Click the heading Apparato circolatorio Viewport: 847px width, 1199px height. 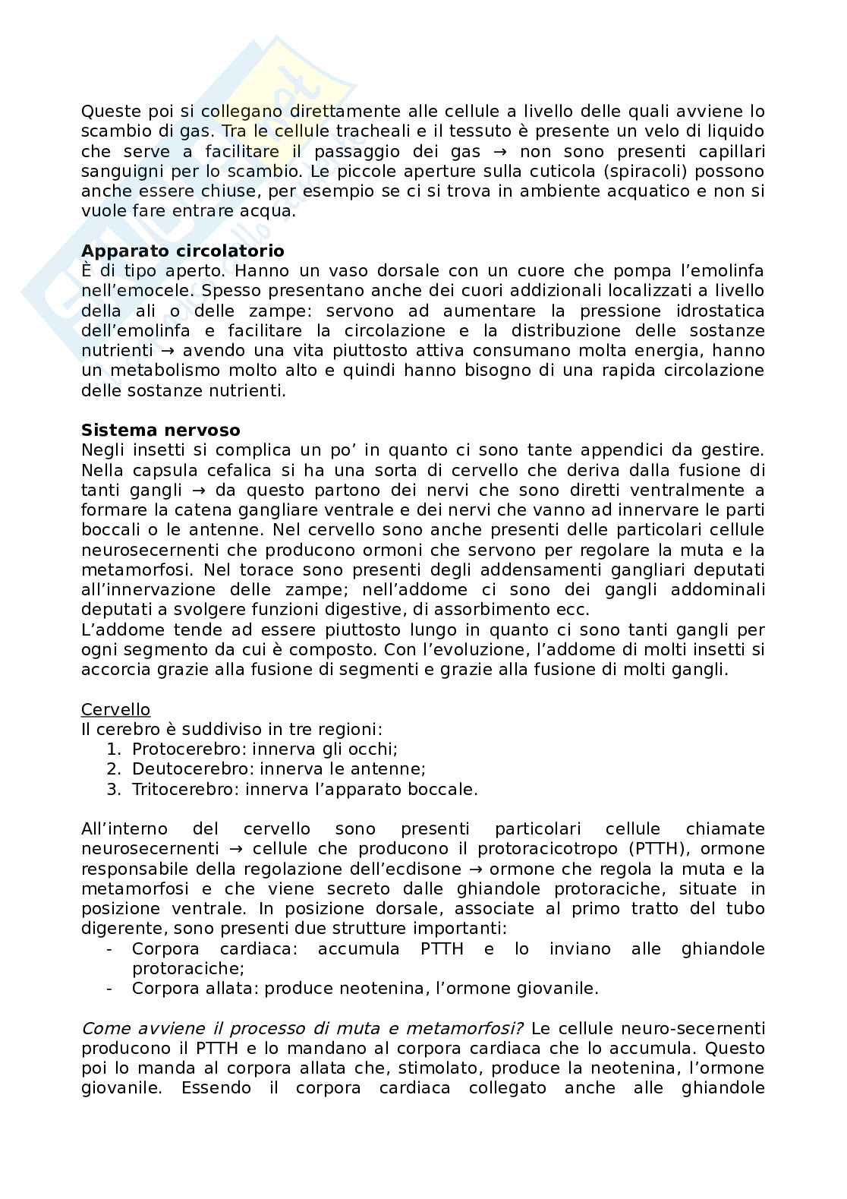click(x=183, y=251)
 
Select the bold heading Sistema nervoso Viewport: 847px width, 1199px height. click(x=161, y=430)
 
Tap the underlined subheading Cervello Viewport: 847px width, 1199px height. click(x=115, y=709)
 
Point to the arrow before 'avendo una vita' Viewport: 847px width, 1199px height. click(x=165, y=350)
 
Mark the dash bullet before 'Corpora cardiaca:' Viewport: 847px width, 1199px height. click(x=110, y=948)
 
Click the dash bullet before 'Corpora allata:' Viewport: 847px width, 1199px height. click(x=110, y=988)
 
